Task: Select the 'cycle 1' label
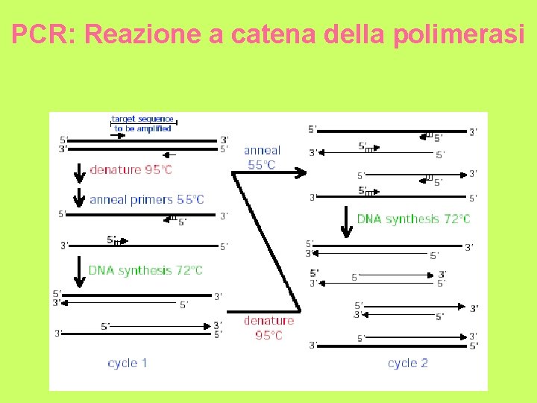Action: (127, 363)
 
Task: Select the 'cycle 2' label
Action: (408, 363)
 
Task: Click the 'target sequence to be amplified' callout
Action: (142, 123)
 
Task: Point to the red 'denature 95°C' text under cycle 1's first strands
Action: (131, 170)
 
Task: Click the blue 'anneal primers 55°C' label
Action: (146, 199)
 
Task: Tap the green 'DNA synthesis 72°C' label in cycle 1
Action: (145, 270)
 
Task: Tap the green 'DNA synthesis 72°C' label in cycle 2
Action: (413, 219)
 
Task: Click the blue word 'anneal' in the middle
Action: (262, 151)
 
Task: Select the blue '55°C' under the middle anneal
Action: (262, 165)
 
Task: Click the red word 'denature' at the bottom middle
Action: (268, 321)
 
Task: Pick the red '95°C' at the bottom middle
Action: (268, 335)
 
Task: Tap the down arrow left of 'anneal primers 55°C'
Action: (79, 199)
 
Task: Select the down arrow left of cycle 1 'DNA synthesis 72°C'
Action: (79, 267)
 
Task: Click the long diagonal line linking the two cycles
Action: (266, 243)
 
